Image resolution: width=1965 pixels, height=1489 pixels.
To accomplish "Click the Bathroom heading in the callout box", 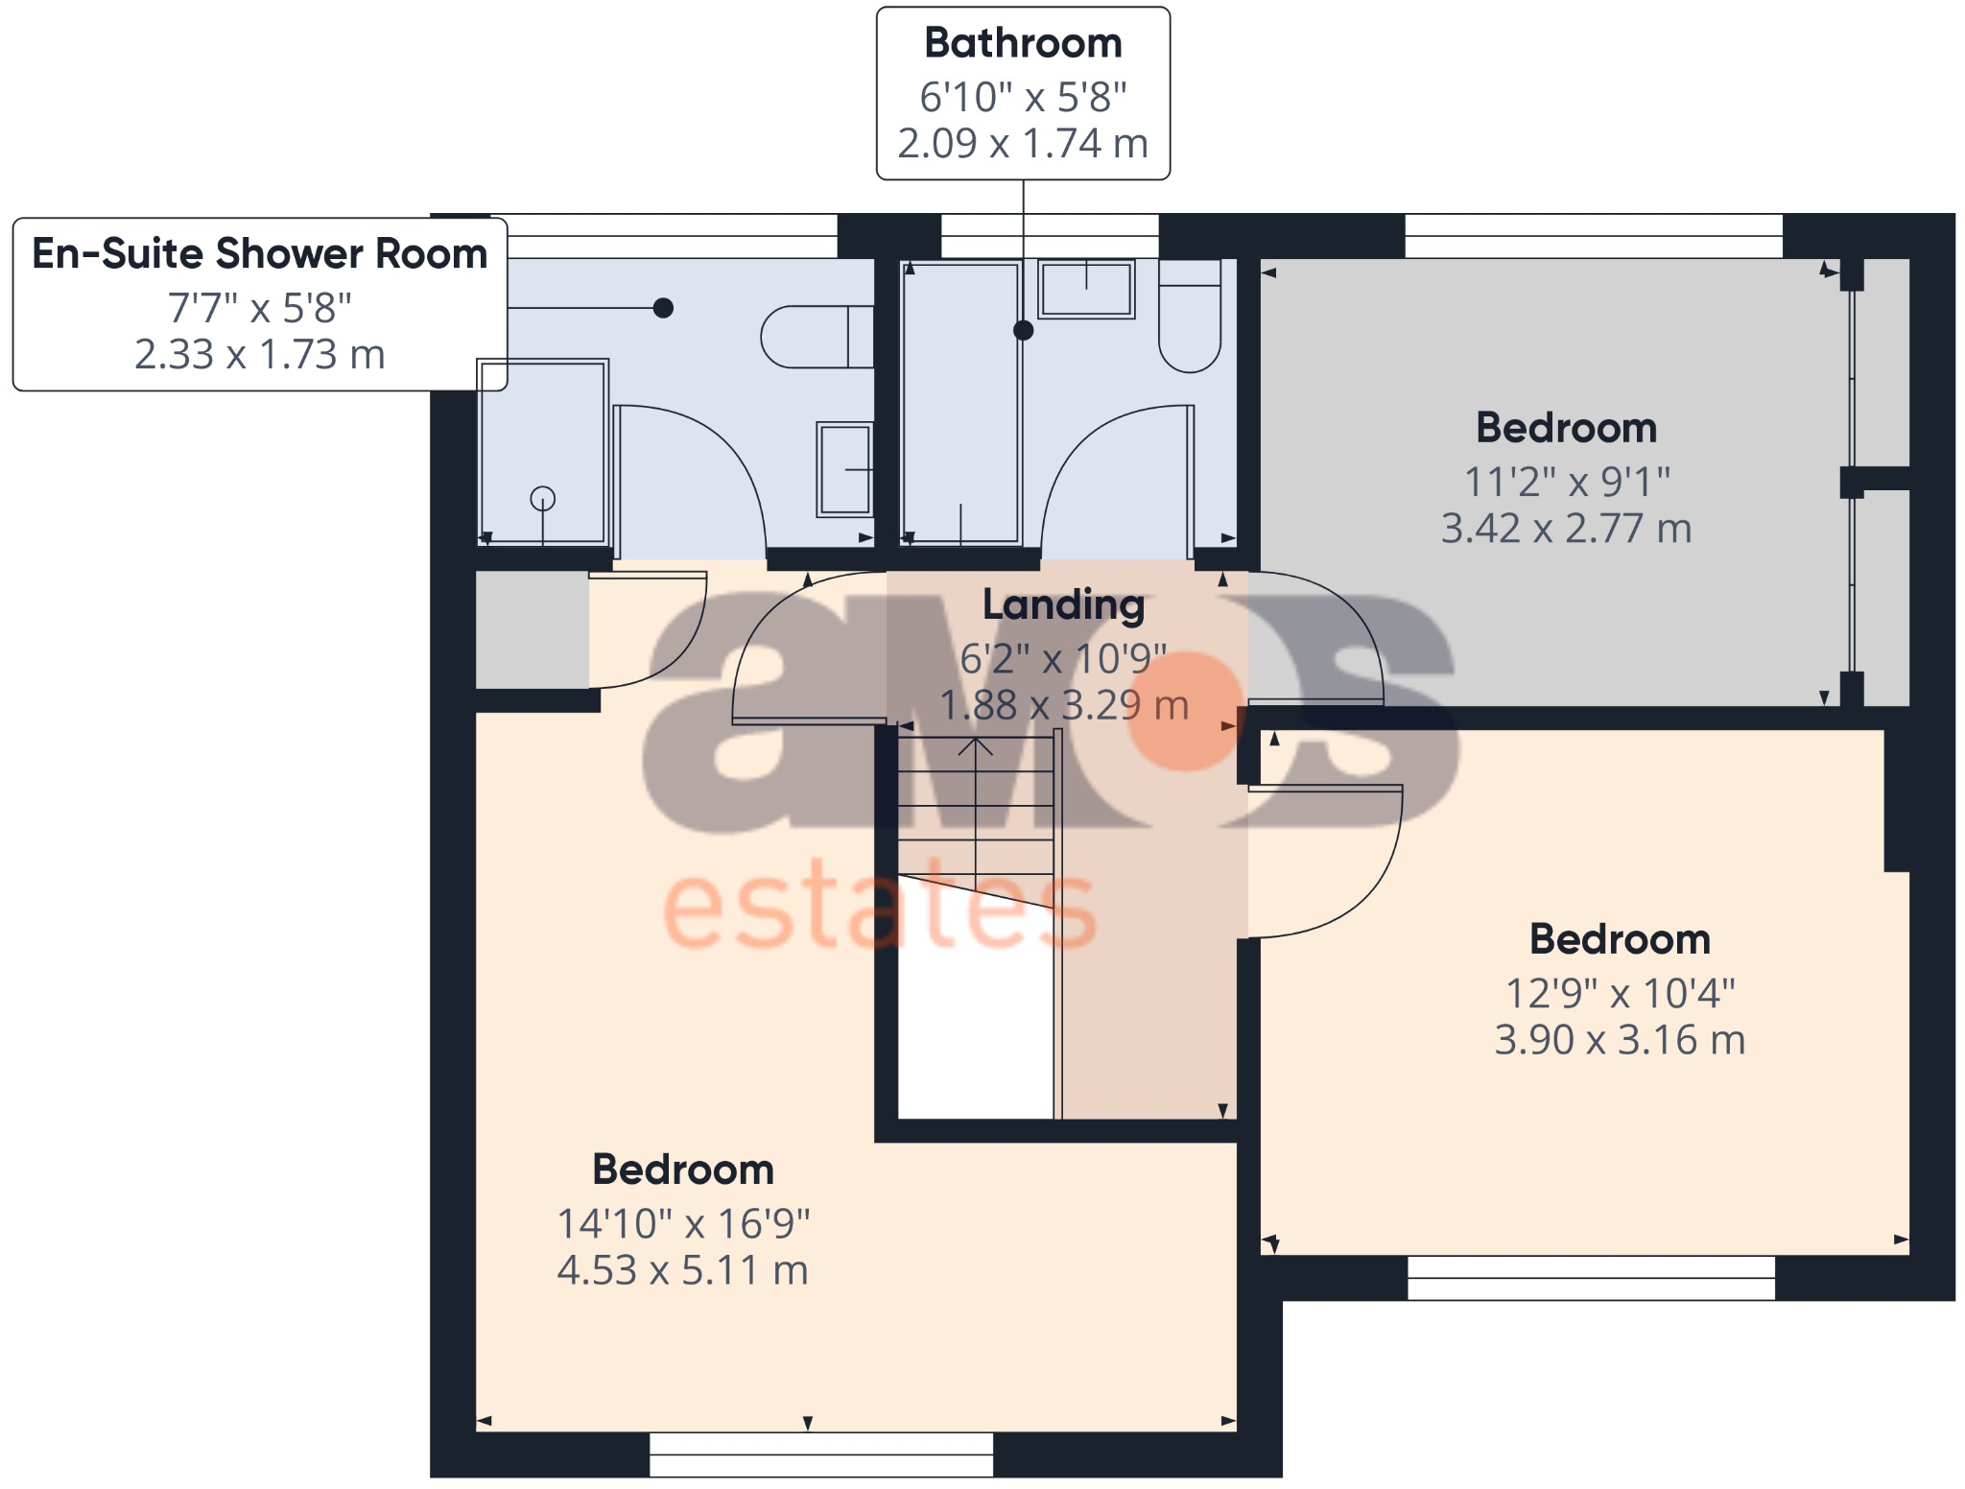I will coord(1023,43).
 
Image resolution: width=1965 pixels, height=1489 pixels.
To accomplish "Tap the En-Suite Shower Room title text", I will coord(259,254).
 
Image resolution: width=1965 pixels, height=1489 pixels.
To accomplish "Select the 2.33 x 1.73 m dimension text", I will coord(259,355).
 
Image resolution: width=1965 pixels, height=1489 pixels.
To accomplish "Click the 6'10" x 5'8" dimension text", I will coord(1023,97).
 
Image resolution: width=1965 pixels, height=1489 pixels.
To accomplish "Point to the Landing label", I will coord(1063,605).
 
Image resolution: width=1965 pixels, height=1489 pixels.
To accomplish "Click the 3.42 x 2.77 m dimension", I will coord(1566,529).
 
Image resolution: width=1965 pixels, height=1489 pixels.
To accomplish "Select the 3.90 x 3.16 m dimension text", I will coord(1620,1040).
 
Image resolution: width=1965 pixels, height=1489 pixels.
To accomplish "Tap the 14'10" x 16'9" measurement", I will coord(683,1224).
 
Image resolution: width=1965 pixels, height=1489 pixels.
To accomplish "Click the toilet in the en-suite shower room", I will coord(816,337).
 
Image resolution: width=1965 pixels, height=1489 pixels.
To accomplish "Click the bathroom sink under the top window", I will coord(1087,288).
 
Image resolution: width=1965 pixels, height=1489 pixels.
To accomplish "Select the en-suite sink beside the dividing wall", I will coord(844,469).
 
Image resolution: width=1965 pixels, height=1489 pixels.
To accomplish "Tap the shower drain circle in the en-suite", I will coord(543,499).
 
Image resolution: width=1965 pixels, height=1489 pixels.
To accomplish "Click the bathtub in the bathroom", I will coord(960,403).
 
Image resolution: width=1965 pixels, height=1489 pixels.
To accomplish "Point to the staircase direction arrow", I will coord(976,746).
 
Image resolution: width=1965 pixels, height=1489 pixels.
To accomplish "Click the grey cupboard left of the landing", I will coord(533,629).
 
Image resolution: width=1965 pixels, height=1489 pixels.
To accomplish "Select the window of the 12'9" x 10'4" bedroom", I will coord(1591,1278).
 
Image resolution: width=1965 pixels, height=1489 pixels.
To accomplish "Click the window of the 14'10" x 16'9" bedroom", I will coord(821,1454).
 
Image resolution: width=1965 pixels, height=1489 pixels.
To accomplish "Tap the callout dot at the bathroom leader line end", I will coord(1024,330).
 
